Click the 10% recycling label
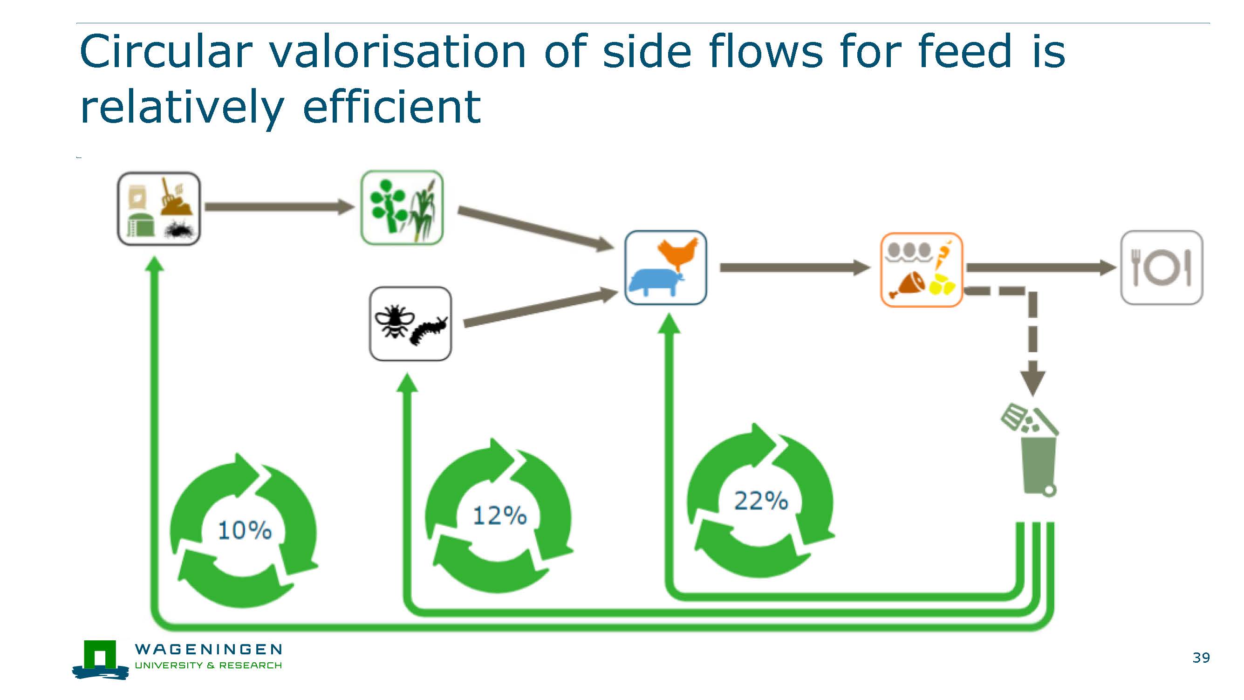coord(245,530)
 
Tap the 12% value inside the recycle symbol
coord(499,515)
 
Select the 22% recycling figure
coord(761,501)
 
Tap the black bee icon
coord(394,321)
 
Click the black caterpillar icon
coord(429,329)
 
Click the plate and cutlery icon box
coord(1162,268)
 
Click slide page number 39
coord(1201,658)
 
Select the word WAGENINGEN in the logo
coord(209,649)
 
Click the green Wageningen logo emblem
coord(101,659)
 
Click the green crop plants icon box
coord(402,207)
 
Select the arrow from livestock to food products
coord(795,268)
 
